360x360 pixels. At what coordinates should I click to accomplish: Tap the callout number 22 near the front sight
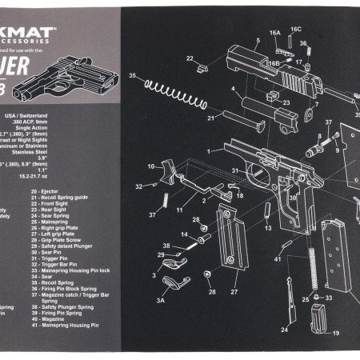tap(190, 58)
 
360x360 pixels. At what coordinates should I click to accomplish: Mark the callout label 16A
tap(275, 34)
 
